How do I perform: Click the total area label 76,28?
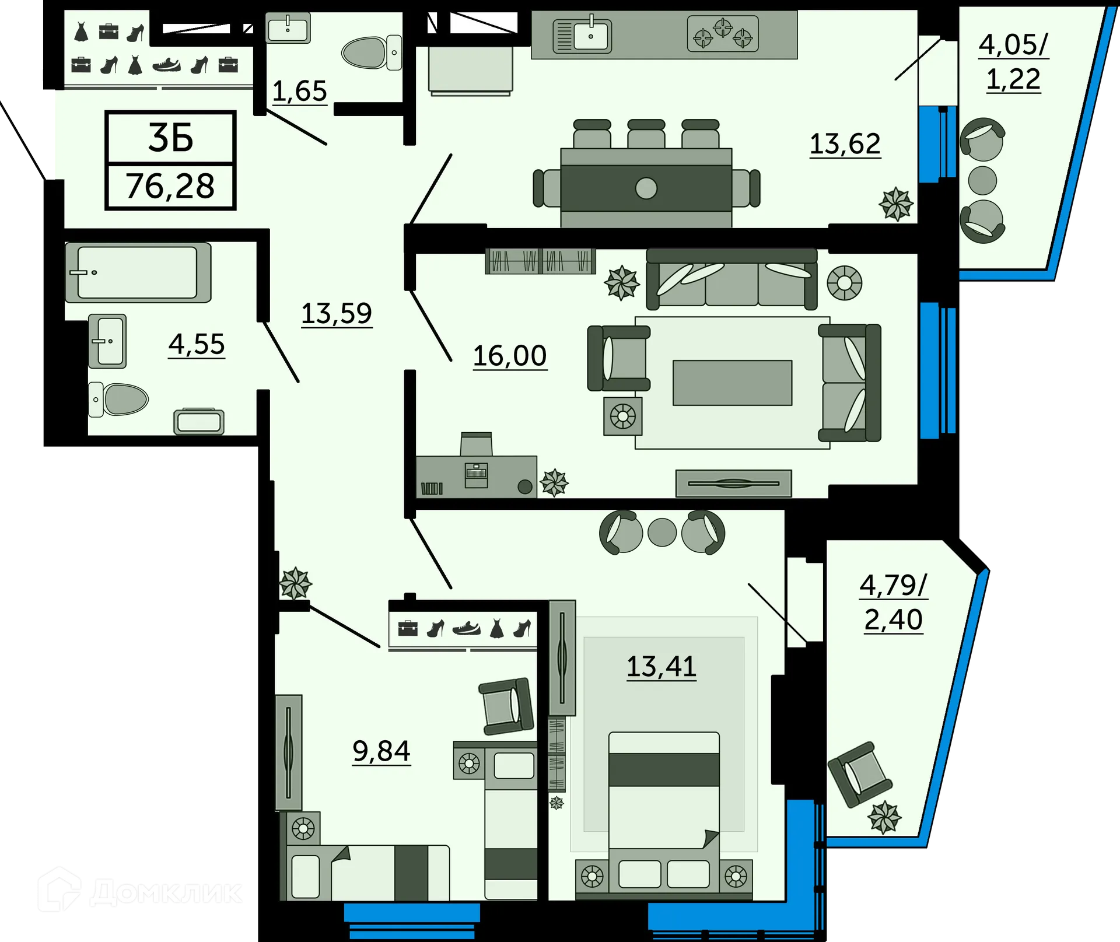pos(170,187)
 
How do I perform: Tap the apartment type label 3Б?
pos(170,138)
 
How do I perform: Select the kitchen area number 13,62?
pos(845,143)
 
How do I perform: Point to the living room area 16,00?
pos(509,356)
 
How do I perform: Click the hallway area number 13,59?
pos(337,314)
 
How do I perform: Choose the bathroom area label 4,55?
pos(197,344)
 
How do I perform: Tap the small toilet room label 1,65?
pos(299,91)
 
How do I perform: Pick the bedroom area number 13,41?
pos(661,666)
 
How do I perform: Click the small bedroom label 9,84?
pos(381,751)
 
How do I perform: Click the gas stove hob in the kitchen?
pos(723,34)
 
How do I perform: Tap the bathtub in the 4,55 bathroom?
pos(138,272)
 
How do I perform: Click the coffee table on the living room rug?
pos(732,383)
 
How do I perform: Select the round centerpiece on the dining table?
pos(646,188)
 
